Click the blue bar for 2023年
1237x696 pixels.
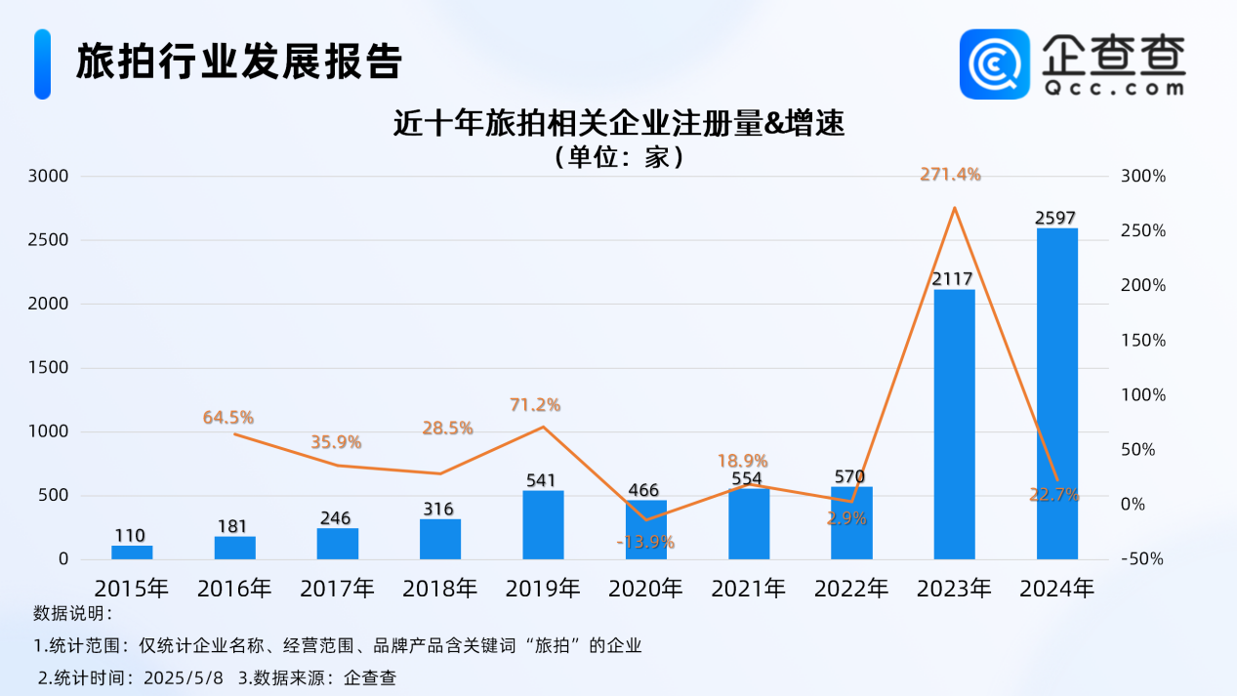(x=954, y=424)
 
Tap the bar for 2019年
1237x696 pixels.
(x=543, y=524)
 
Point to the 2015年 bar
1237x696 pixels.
(x=132, y=552)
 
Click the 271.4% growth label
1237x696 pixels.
(x=950, y=175)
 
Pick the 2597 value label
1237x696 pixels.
(x=1056, y=219)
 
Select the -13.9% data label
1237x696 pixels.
(x=645, y=542)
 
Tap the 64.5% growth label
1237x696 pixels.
(x=228, y=418)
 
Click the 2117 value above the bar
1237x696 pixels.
(x=953, y=280)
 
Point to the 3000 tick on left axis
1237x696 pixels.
(x=49, y=177)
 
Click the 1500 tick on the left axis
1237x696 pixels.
(x=49, y=368)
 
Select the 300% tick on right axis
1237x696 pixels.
(x=1142, y=177)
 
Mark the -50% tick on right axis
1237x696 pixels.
(x=1142, y=559)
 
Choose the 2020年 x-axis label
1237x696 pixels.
(x=645, y=589)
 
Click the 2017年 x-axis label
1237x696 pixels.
(x=337, y=589)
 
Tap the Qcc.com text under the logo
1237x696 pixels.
(x=1112, y=88)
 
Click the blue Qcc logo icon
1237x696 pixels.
(x=994, y=63)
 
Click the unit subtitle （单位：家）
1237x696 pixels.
(x=618, y=156)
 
